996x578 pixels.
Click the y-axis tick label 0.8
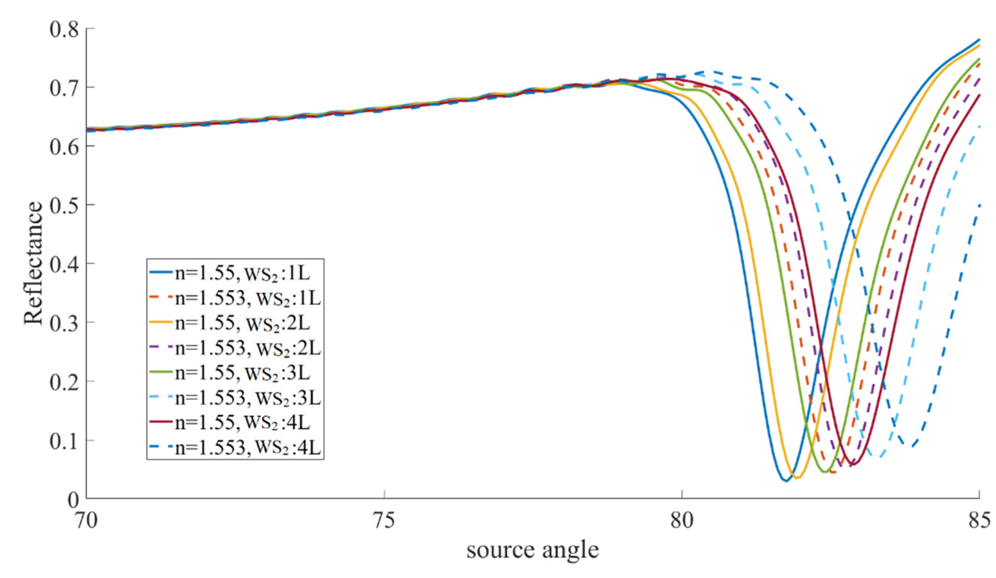click(x=63, y=29)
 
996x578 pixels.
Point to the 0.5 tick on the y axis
click(x=63, y=205)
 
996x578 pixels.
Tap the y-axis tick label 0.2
click(x=63, y=382)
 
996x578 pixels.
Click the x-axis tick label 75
click(x=384, y=521)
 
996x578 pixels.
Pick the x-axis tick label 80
click(x=682, y=521)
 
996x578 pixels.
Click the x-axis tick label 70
click(x=87, y=521)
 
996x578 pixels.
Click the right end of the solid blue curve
click(x=979, y=40)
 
